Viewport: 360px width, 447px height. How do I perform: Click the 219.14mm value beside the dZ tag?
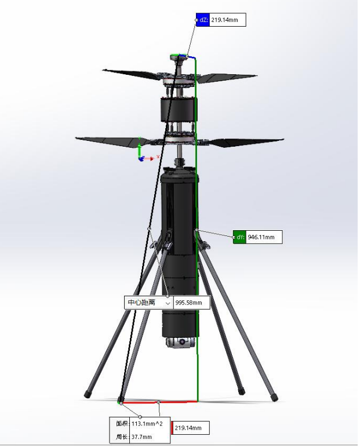pos(224,20)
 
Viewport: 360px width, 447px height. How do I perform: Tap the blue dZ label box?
pos(203,20)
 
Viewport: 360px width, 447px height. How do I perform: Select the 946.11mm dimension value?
pos(261,237)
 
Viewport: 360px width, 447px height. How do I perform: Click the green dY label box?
pos(239,237)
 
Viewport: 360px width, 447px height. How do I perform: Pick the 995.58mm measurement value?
pos(188,303)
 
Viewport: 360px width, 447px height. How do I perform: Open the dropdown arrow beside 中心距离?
pos(168,303)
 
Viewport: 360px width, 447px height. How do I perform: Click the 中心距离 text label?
pos(141,303)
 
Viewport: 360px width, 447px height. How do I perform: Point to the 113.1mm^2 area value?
pos(147,424)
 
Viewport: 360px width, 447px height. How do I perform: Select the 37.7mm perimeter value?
pos(141,437)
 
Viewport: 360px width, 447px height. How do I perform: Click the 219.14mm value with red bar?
pos(188,428)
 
